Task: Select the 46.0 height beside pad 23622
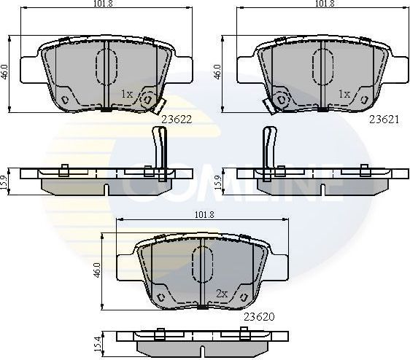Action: pos(5,71)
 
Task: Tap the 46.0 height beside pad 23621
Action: pos(217,71)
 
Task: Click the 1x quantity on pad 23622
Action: pos(126,94)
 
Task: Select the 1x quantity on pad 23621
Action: pos(344,94)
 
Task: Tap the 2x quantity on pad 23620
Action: pos(222,294)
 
